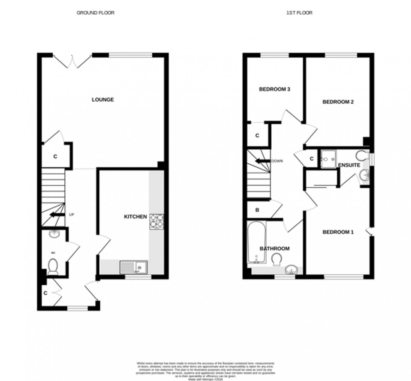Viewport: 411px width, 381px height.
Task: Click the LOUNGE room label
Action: pos(103,100)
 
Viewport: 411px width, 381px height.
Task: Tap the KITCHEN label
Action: pos(135,217)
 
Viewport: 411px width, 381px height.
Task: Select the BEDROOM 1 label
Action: pos(338,232)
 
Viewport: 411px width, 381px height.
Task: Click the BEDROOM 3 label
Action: pos(275,89)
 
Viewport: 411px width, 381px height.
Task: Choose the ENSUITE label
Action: pos(349,165)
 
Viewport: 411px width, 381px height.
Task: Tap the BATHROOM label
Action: pos(274,249)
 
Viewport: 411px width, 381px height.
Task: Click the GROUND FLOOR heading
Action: pos(95,13)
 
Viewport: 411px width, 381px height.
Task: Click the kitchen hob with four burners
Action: pos(156,221)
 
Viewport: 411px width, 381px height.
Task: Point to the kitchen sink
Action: pos(133,266)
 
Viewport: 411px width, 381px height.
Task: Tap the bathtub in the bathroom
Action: pos(256,243)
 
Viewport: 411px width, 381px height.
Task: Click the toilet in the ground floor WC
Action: pos(53,266)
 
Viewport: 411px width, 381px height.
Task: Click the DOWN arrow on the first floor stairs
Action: pos(263,161)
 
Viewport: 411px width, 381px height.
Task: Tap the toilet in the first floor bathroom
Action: pos(276,260)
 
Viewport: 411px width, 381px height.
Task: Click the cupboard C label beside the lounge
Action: pos(55,157)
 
